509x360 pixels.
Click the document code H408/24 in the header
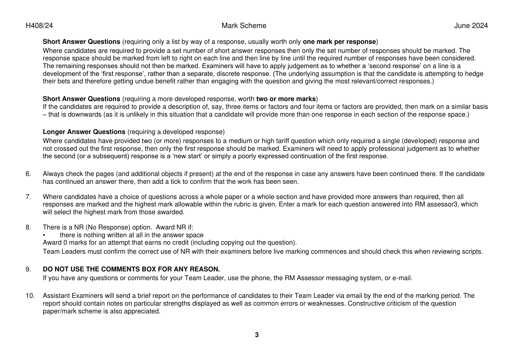pos(39,26)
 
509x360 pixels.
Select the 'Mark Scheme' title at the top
pos(244,26)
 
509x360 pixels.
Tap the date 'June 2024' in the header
pos(471,26)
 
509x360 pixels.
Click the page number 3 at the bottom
pos(257,335)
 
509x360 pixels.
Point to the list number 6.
pos(28,174)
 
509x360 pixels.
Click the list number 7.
pos(28,197)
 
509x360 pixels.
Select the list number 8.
pos(28,227)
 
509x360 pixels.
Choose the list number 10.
pos(30,296)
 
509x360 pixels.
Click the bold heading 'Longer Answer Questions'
pos(84,132)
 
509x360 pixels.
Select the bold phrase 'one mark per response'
pos(339,42)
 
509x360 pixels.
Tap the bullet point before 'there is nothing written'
pos(44,235)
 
